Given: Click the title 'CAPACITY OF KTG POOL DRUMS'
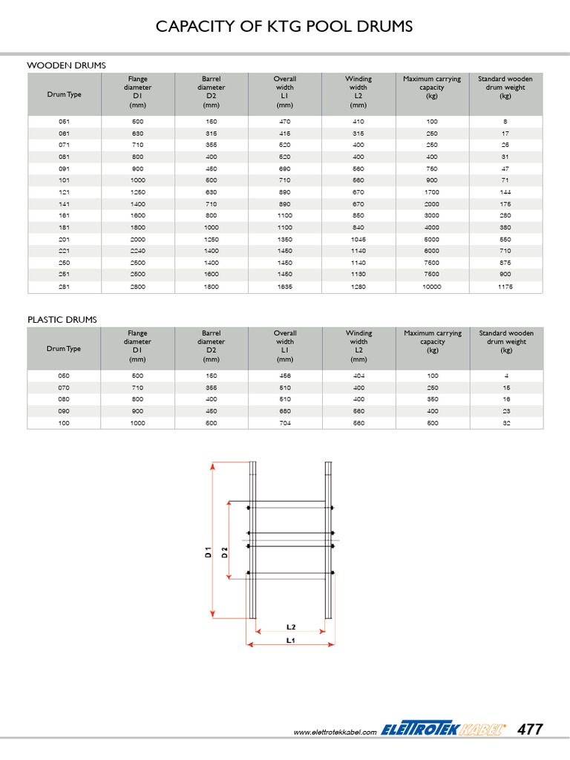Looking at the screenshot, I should (x=284, y=27).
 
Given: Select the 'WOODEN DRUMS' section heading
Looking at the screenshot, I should (x=67, y=66).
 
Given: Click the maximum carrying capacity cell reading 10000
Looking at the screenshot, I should (x=432, y=286).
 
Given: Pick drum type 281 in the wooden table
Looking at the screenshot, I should (x=65, y=286).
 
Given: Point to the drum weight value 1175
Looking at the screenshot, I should (x=505, y=286).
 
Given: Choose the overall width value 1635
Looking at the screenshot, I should (x=285, y=286).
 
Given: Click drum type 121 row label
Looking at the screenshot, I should (x=65, y=191).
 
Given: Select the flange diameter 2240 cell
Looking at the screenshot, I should (x=138, y=251).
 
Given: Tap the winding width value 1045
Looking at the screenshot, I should (x=358, y=239).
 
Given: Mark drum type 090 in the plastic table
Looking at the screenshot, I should (x=65, y=411).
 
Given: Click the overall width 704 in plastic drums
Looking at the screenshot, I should (x=285, y=423).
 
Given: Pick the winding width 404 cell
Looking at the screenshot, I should (x=358, y=376).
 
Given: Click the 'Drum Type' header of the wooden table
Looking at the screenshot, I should (x=65, y=94).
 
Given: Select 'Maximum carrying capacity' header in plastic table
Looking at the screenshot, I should (x=432, y=341).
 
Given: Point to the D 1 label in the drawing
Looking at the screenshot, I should (x=209, y=552).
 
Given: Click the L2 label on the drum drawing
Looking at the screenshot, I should (x=291, y=626).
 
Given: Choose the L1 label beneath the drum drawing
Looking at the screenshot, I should (x=291, y=639).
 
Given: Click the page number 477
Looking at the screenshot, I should (x=530, y=730).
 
